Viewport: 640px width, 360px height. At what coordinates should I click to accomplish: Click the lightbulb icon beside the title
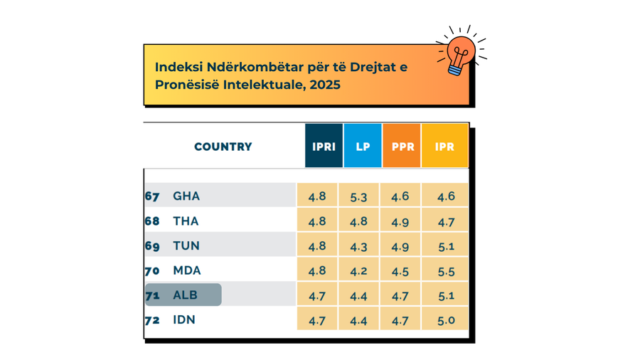461,54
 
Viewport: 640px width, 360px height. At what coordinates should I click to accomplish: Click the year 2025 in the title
325,85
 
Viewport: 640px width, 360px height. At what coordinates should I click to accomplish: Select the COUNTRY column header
223,147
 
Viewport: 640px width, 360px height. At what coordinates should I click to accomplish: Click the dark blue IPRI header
324,147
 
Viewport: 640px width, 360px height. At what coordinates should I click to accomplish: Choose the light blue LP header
363,147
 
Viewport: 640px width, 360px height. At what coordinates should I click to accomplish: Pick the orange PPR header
402,147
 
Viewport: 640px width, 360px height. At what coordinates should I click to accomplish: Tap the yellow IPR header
444,147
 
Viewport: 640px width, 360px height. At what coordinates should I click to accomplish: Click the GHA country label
186,196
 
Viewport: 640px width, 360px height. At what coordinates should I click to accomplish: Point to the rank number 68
152,221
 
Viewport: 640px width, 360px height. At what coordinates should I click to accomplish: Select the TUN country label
186,246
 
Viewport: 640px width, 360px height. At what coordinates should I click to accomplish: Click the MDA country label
187,271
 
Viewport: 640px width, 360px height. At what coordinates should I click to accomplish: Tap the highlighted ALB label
185,295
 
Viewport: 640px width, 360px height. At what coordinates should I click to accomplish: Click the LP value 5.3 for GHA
358,196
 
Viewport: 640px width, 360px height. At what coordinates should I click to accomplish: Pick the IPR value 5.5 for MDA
446,271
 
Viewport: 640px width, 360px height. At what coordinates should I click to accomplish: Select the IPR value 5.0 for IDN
446,320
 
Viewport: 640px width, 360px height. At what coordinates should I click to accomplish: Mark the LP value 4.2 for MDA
358,271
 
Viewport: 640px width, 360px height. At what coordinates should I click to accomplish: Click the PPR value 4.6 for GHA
400,196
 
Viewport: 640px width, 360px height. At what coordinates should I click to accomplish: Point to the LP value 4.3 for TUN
358,246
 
